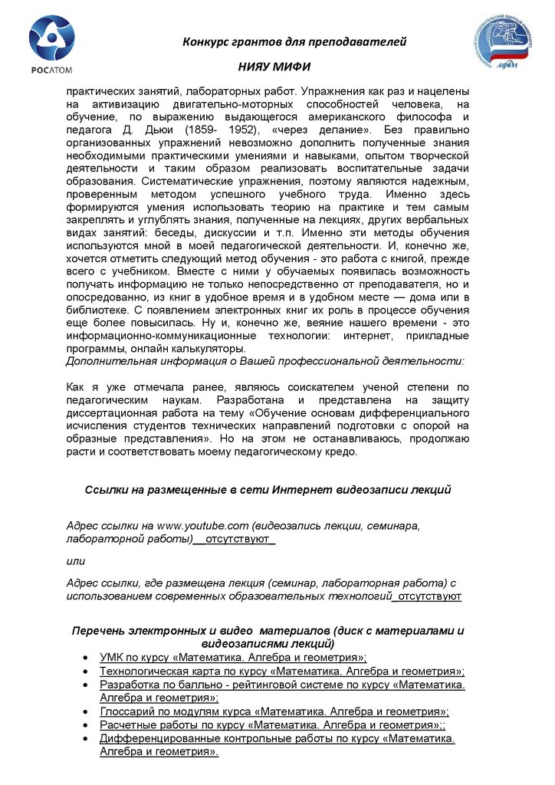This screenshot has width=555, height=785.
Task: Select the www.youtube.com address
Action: click(203, 525)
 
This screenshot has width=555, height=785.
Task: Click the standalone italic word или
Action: click(76, 562)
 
